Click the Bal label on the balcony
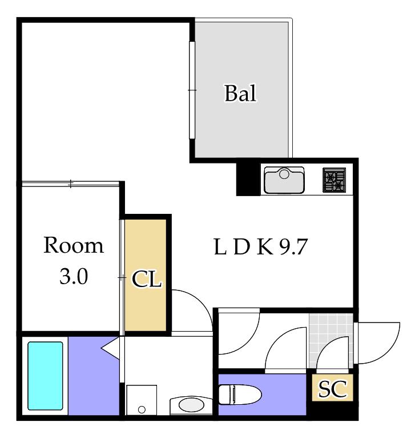240,93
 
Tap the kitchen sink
284,180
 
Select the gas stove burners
334,180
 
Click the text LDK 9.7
260,246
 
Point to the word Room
74,245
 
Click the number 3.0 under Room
74,277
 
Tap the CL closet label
147,279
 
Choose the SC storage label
333,389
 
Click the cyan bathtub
45,376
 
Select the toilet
240,395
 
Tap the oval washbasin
191,405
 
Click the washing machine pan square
142,400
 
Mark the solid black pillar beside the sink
248,179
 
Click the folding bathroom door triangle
111,347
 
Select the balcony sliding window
192,90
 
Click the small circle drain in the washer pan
142,410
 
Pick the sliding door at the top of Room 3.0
71,184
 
